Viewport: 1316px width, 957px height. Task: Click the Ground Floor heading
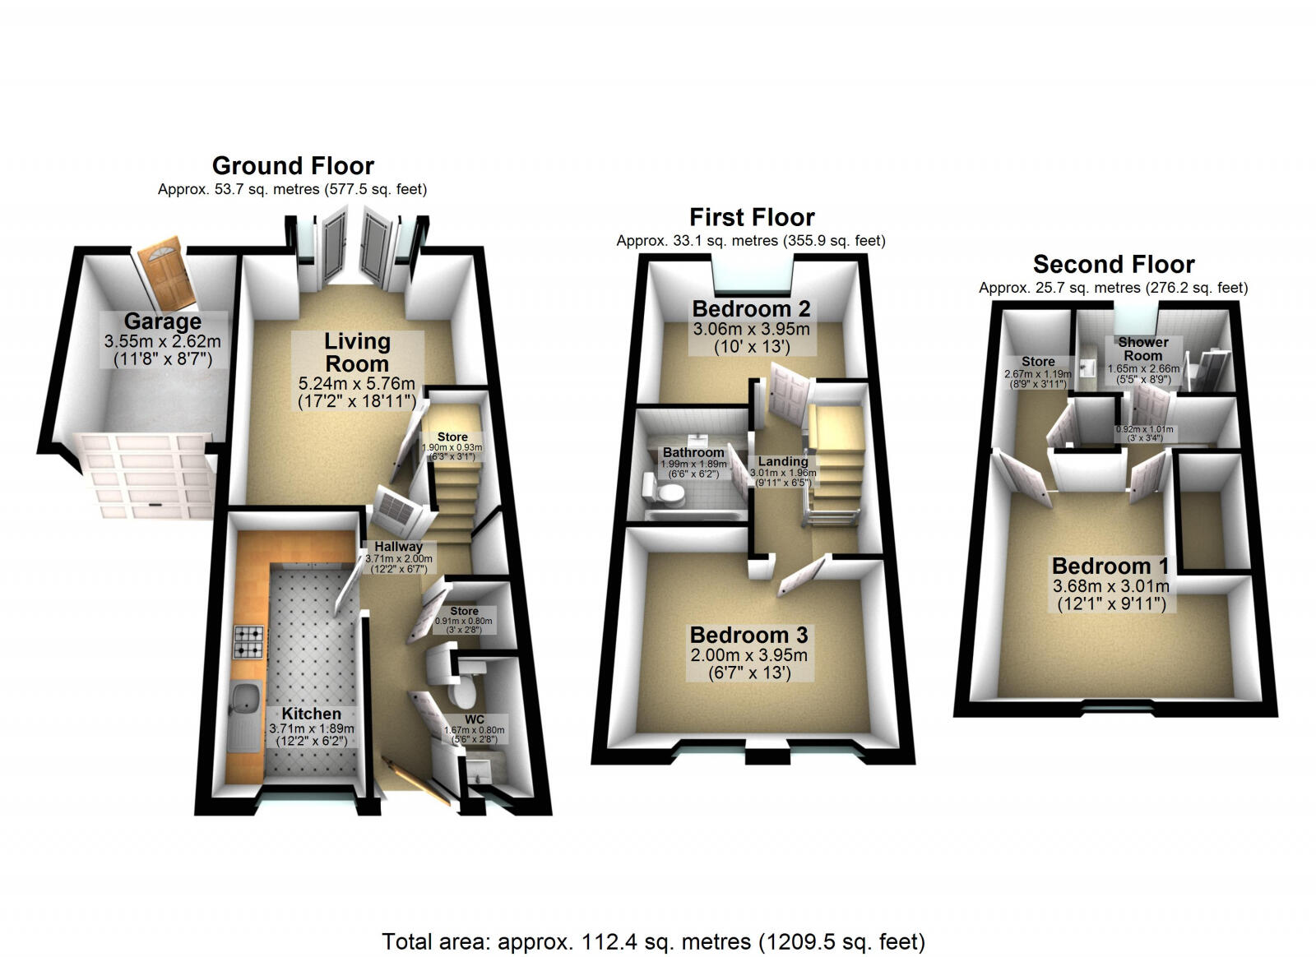(x=293, y=166)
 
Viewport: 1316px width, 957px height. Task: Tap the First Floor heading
(x=752, y=218)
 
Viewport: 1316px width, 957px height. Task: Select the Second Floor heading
(x=1113, y=265)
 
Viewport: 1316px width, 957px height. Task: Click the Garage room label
(x=163, y=321)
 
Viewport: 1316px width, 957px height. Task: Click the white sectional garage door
(x=145, y=477)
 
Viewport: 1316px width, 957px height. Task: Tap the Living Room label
(x=357, y=352)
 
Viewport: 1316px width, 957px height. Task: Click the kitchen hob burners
(x=250, y=642)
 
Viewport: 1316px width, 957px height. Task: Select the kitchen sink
(x=246, y=700)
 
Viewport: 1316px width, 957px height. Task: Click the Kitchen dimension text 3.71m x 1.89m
(x=311, y=728)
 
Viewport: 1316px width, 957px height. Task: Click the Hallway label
(x=398, y=546)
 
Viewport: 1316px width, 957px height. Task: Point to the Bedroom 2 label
(x=751, y=309)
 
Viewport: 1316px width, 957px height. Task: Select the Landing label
(x=782, y=462)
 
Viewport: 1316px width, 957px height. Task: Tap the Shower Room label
(x=1142, y=349)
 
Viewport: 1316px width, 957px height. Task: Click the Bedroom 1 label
(x=1110, y=566)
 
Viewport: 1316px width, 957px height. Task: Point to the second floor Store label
(x=1038, y=362)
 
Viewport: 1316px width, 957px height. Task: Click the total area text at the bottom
(x=653, y=941)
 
